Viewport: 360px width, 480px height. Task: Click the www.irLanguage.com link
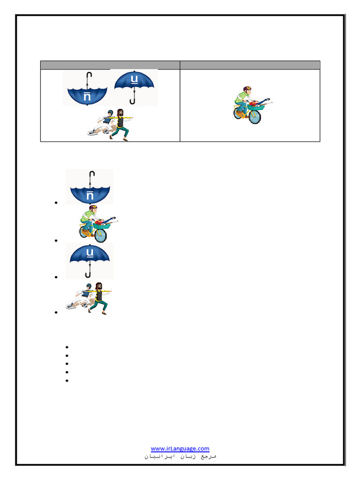pos(180,448)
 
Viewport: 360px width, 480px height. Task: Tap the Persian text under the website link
pos(180,456)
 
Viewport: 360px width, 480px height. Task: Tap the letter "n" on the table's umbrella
pos(87,97)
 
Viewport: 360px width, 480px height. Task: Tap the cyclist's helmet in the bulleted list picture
pos(92,208)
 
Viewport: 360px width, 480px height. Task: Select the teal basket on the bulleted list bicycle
pos(102,226)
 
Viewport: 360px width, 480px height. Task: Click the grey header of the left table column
pos(110,65)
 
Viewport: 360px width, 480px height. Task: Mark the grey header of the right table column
pos(250,65)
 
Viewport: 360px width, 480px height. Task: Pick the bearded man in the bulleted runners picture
pos(99,297)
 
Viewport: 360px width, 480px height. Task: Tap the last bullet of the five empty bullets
pos(67,381)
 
